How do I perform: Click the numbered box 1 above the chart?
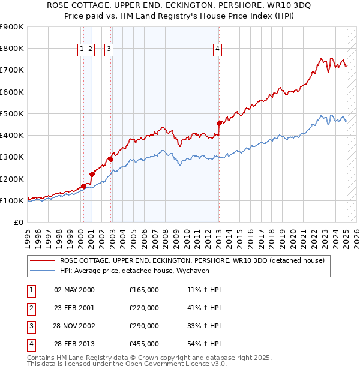[x=82, y=50]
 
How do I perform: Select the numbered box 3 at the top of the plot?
[x=109, y=50]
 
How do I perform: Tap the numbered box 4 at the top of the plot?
[x=217, y=50]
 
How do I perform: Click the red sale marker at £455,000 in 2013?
[x=219, y=123]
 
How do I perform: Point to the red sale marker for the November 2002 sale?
[x=110, y=159]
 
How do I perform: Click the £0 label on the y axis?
[x=18, y=222]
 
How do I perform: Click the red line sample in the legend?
[x=41, y=260]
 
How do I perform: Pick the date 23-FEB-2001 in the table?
[x=74, y=308]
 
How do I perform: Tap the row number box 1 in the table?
[x=31, y=290]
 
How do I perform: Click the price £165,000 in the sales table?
[x=144, y=290]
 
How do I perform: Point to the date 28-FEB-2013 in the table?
[x=74, y=344]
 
